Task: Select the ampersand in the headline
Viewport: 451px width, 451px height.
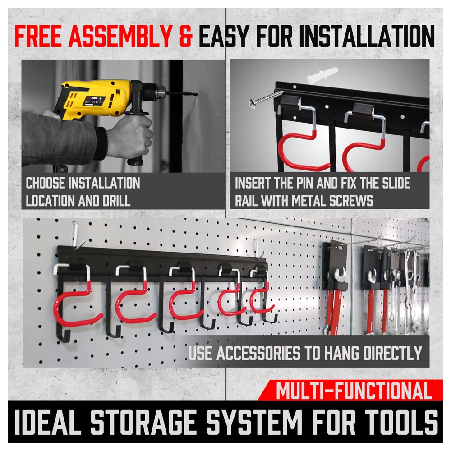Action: pyautogui.click(x=185, y=37)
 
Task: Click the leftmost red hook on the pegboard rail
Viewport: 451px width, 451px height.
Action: pyautogui.click(x=77, y=307)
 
